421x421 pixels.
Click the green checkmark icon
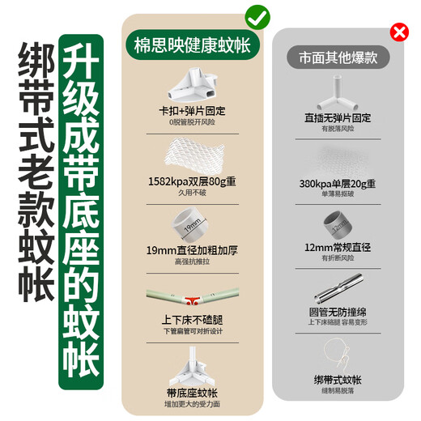tap(258, 15)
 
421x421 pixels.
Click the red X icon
tap(399, 32)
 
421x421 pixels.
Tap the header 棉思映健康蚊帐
tap(192, 45)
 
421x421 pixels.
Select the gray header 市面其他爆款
tap(338, 59)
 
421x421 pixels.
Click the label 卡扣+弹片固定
tap(192, 109)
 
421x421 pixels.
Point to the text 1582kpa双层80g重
tap(192, 182)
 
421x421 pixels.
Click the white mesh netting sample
tap(192, 151)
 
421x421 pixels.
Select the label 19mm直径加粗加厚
tap(192, 250)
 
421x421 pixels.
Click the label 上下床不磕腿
tap(192, 318)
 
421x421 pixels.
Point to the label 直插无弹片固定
tap(338, 117)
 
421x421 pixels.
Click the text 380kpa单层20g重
tap(338, 183)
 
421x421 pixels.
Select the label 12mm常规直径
tap(338, 246)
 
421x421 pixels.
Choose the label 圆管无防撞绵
tap(338, 311)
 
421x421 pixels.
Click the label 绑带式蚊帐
tap(338, 379)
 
